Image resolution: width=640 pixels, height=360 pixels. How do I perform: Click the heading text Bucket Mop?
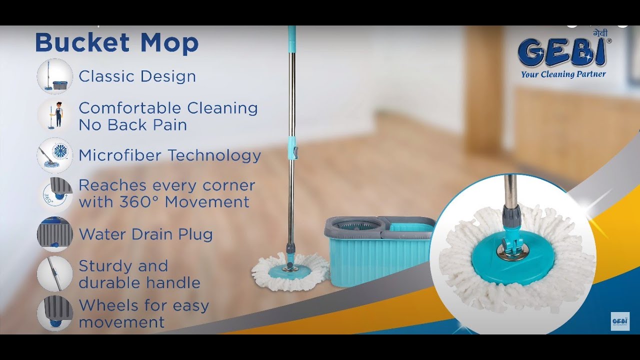pyautogui.click(x=116, y=43)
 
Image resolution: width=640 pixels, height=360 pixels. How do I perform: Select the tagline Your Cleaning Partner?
pyautogui.click(x=563, y=74)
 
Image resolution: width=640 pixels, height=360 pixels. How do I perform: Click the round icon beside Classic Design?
pyautogui.click(x=55, y=76)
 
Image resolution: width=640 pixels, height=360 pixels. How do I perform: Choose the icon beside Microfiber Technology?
pyautogui.click(x=55, y=155)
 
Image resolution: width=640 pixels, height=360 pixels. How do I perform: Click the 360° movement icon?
pyautogui.click(x=55, y=194)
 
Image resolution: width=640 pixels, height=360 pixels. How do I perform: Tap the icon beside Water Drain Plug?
pyautogui.click(x=55, y=234)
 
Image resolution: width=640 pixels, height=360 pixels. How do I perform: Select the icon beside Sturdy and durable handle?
pyautogui.click(x=55, y=274)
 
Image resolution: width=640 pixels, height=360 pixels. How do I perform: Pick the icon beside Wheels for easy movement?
pyautogui.click(x=55, y=313)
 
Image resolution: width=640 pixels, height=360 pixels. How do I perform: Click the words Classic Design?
pyautogui.click(x=137, y=76)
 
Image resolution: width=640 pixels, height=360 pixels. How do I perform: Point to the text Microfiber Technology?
pyautogui.click(x=169, y=155)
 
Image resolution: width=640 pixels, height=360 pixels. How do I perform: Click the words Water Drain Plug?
pyautogui.click(x=145, y=234)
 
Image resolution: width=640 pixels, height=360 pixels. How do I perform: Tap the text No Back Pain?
pyautogui.click(x=132, y=125)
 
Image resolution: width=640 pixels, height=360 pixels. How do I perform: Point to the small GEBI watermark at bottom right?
pyautogui.click(x=620, y=321)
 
